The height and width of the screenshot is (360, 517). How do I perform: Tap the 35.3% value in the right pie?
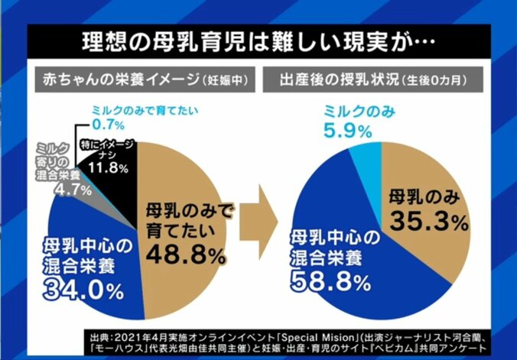(x=428, y=222)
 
